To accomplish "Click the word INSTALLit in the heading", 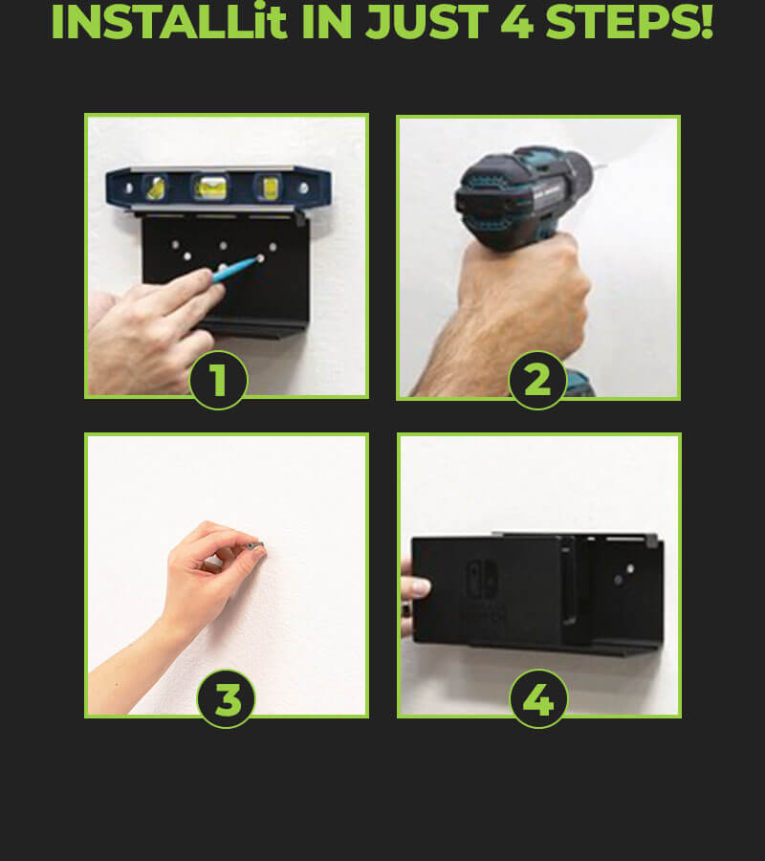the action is [169, 22].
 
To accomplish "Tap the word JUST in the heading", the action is [426, 22].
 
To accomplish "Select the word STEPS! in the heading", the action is [629, 22].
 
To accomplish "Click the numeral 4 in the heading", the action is [516, 22].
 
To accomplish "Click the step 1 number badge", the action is [218, 380].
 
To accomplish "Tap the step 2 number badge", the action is [537, 380].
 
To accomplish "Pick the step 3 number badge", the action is [226, 699].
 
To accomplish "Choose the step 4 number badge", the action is [539, 699].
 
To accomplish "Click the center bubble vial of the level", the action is [211, 188].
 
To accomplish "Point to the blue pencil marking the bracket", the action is [235, 269].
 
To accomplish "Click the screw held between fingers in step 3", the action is [255, 545].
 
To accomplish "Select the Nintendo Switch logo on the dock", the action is [482, 579].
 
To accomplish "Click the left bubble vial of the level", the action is [156, 188].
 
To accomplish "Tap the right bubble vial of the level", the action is [269, 188].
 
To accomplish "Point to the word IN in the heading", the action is [326, 22].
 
